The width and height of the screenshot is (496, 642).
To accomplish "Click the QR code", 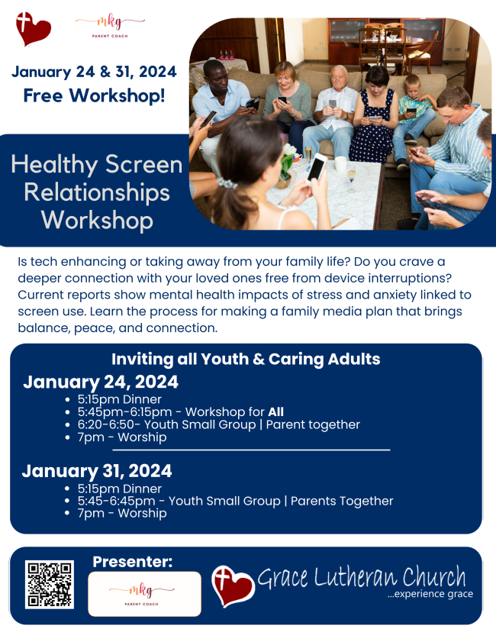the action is pos(50,584).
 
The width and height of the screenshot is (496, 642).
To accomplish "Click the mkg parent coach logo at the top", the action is pos(110,26).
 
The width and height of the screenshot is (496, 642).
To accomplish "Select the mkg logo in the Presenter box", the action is pos(142,595).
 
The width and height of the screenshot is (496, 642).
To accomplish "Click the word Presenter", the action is pos(132,561).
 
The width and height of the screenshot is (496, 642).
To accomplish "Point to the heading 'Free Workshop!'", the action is pos(94,95).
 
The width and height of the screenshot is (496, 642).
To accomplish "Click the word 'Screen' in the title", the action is pos(143,164).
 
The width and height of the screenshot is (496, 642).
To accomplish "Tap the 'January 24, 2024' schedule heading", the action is pos(101,382).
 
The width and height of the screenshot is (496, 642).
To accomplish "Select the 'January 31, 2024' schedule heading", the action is pos(97,471).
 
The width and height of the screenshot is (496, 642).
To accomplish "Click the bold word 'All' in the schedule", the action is pos(275,412).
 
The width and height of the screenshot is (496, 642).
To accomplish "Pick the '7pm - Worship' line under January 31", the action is pos(122,514).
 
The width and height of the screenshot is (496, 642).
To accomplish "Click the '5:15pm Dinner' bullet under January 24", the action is pos(120,399).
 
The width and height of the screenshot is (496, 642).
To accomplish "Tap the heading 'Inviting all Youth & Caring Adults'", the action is pos(246,359).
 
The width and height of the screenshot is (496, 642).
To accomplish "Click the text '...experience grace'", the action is pos(430,594).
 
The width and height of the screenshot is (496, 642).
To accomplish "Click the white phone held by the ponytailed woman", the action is pos(317,167).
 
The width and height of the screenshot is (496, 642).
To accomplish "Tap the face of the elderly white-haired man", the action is pos(340,78).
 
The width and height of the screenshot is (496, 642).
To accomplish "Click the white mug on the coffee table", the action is pos(340,164).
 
